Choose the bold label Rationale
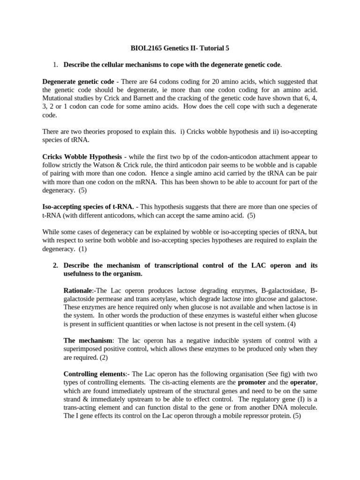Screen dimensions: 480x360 tap(79, 291)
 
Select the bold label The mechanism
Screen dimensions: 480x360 tap(88, 341)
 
